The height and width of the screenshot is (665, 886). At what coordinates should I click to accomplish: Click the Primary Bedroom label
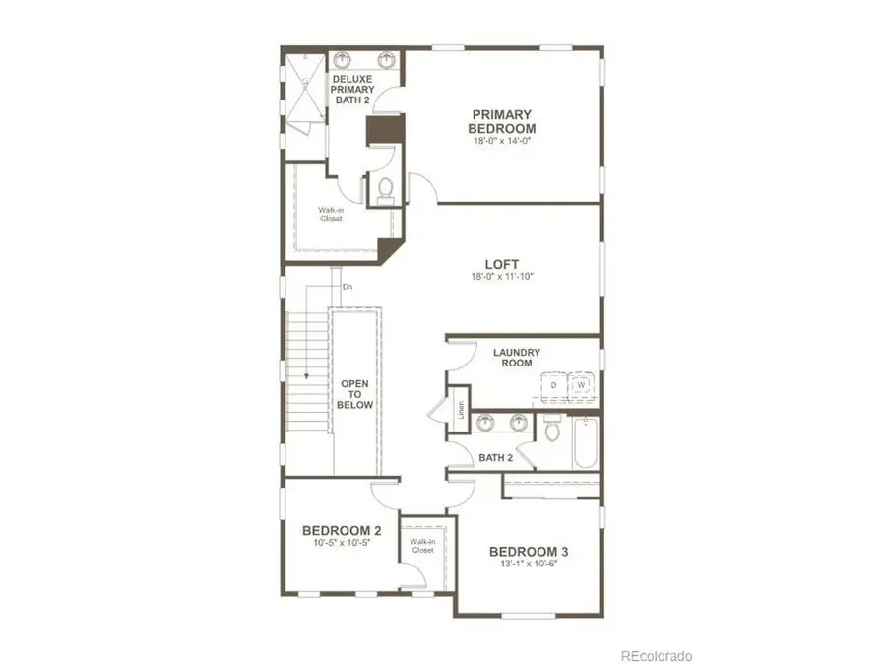502,121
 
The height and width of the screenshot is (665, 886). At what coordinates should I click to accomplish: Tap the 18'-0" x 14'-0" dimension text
502,141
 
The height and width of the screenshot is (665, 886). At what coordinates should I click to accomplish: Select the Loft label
502,264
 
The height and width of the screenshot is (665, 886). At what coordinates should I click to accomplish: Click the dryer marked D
554,384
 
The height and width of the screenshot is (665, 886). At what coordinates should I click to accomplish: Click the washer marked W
581,384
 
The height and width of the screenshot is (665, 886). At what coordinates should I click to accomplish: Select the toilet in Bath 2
552,431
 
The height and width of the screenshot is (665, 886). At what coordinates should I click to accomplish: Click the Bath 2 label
496,457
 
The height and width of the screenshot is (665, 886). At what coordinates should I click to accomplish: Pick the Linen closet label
460,408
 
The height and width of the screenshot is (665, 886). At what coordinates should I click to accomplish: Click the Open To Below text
354,393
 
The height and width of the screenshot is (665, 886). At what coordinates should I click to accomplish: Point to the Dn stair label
347,287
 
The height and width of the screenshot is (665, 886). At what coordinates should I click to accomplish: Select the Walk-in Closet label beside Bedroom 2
423,547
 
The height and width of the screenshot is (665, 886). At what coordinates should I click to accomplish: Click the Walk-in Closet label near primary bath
331,214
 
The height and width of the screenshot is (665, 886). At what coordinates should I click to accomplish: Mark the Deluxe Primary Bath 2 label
351,89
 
